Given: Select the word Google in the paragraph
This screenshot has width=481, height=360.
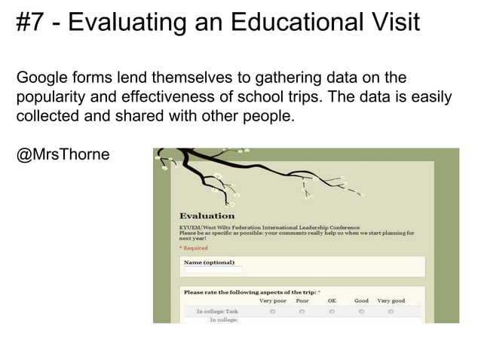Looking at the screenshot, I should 42,78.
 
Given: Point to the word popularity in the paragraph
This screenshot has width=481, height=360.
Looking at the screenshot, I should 49,98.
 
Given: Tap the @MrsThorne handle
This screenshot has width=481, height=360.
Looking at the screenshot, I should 63,155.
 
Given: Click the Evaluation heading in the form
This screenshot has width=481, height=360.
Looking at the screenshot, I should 207,216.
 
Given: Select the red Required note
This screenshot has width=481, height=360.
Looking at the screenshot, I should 194,248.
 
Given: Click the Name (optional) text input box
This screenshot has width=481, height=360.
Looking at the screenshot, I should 213,270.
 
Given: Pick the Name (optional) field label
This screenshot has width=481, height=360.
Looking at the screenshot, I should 209,262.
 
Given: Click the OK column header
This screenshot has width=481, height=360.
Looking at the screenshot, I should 332,301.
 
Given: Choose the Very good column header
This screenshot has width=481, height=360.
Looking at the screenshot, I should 391,301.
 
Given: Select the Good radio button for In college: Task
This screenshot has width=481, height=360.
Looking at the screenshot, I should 361,311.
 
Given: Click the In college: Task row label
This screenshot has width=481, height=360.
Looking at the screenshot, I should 217,311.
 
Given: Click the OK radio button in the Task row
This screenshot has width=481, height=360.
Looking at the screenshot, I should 332,311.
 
